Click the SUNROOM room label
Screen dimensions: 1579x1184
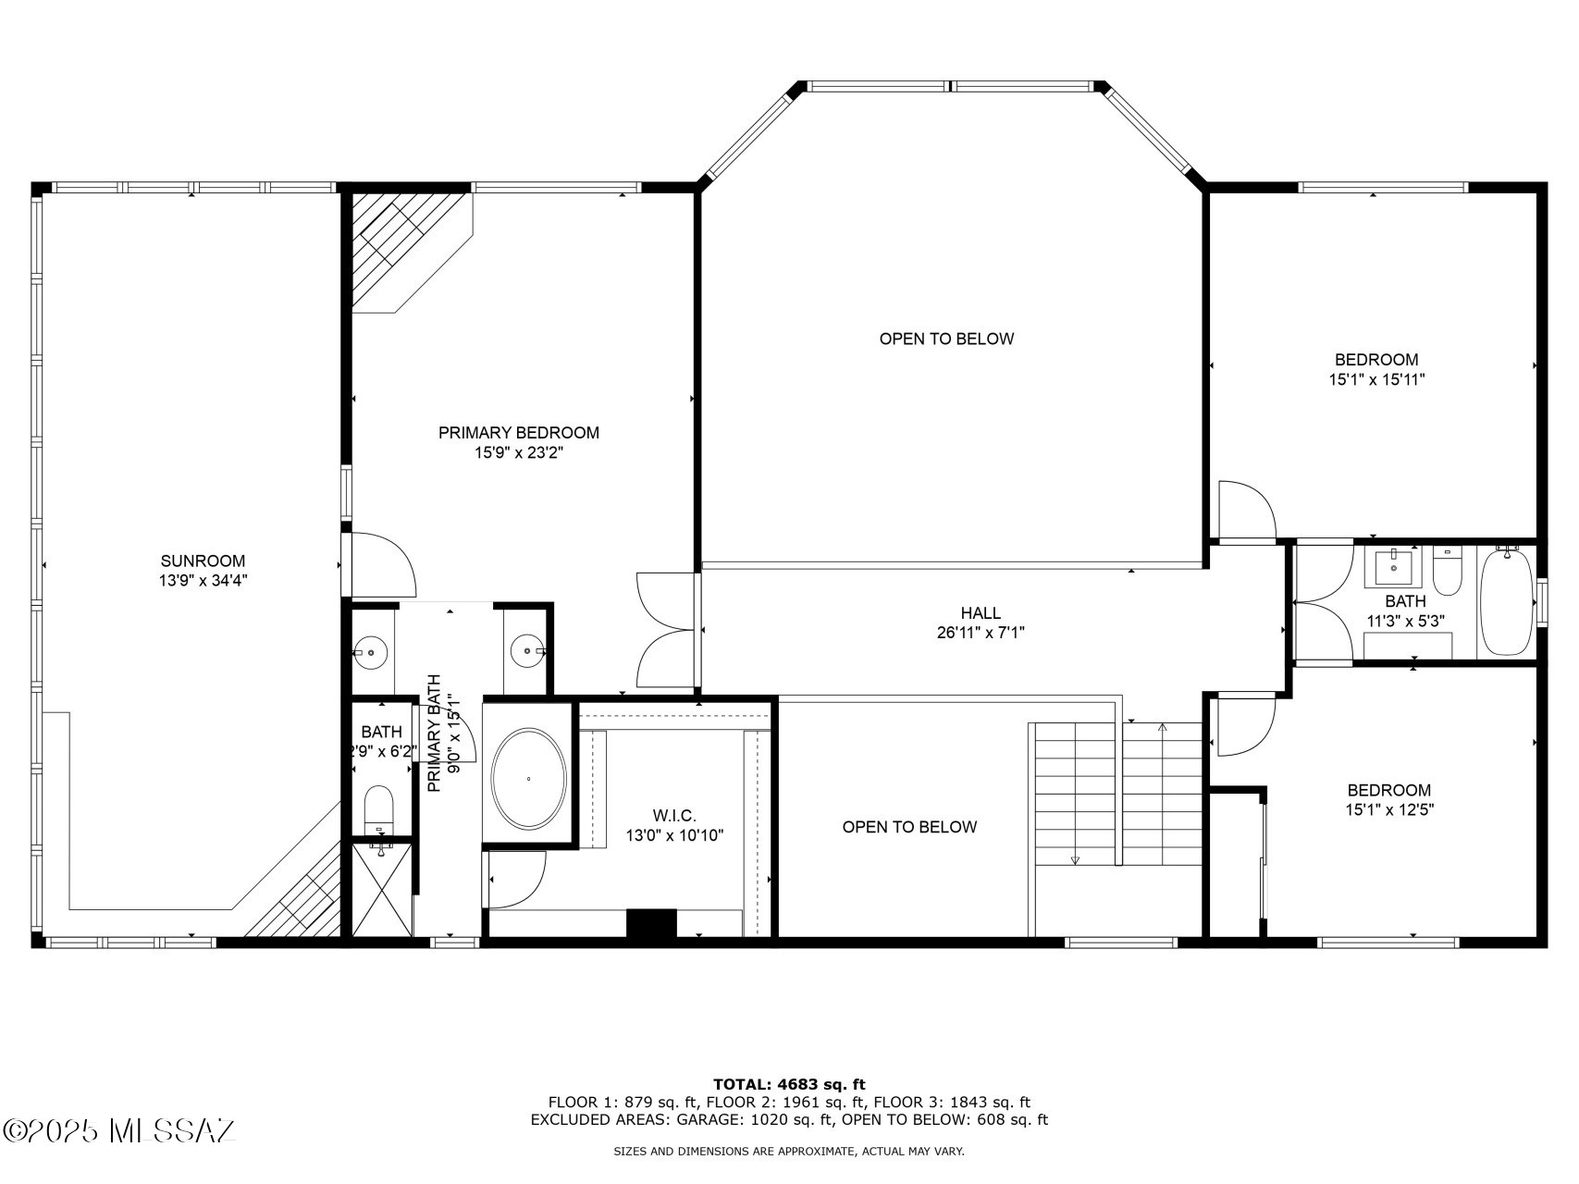[203, 561]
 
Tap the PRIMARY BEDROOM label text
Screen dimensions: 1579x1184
[518, 432]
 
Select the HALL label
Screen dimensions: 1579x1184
[981, 612]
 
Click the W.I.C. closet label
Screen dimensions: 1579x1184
[674, 815]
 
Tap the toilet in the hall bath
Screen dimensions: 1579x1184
[1446, 572]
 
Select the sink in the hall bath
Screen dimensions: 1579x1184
[1393, 567]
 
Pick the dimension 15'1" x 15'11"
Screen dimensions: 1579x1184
[1375, 379]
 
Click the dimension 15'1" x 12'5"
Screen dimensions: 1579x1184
[1388, 809]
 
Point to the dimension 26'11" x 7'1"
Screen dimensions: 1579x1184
[981, 633]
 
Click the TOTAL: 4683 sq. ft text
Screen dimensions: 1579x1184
[789, 1084]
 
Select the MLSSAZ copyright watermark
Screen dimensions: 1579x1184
[119, 1130]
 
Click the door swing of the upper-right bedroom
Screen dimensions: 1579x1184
[1247, 510]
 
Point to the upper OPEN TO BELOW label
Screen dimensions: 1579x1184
[946, 339]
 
